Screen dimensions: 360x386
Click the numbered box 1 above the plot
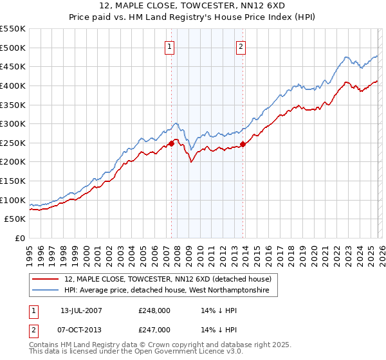[169, 46]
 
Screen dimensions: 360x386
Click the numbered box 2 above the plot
[241, 46]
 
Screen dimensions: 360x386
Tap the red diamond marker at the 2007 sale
[171, 143]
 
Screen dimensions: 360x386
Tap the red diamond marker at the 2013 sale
[243, 144]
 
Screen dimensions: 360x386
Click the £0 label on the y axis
[21, 239]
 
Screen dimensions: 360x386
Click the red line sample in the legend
[46, 279]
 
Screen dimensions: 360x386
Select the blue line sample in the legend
[46, 291]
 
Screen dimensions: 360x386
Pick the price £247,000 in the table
[154, 329]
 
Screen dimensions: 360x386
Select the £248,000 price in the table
[154, 310]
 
